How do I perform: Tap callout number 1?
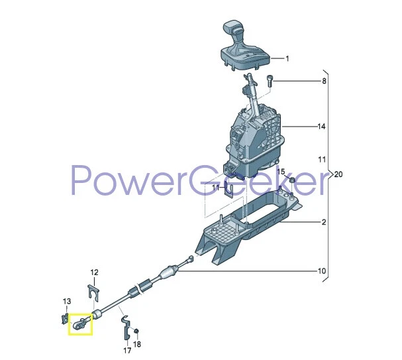(x=287, y=59)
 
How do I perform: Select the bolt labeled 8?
(x=270, y=82)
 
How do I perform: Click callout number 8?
(x=324, y=82)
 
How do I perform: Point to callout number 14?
(x=323, y=127)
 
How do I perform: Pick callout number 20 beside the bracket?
(x=338, y=175)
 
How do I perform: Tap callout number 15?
(x=281, y=172)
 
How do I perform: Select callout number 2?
(x=323, y=223)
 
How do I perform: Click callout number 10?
(x=322, y=271)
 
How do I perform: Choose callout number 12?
(x=94, y=272)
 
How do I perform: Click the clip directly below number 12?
(x=94, y=290)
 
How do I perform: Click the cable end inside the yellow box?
(x=81, y=324)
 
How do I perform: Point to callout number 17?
(x=127, y=350)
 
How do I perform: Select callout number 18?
(x=138, y=344)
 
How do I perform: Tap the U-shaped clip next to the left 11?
(x=230, y=192)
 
